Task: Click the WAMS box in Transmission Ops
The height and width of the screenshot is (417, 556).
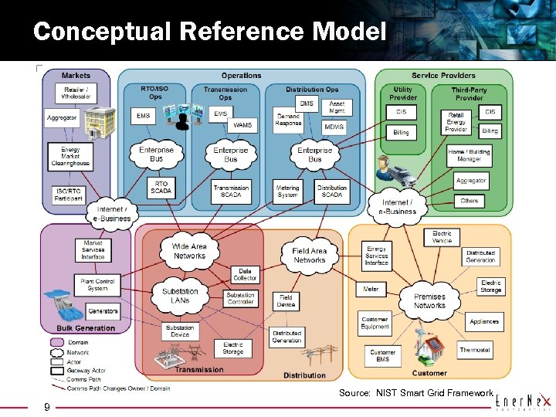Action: pos(242,124)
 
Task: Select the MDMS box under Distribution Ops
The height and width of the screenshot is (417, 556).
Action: pos(334,127)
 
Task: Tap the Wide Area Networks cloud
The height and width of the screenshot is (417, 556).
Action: pos(189,251)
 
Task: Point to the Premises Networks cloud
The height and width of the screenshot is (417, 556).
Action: pos(429,300)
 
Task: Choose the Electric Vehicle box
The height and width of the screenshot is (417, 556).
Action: pos(442,236)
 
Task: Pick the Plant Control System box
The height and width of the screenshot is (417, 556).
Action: pos(97,285)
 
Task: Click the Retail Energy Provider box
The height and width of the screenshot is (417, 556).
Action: pos(456,121)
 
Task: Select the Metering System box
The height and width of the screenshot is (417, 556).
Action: pos(287,192)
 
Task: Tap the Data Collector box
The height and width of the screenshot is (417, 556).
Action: pos(245,273)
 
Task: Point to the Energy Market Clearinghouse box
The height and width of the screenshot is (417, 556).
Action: pos(69,157)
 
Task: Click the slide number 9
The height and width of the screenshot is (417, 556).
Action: pos(47,407)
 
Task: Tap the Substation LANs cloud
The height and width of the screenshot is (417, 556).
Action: pos(180,295)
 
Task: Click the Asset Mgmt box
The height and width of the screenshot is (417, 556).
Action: pos(337,107)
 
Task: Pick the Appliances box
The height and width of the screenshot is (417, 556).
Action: pos(484,321)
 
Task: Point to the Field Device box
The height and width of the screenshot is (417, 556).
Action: pos(286,300)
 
